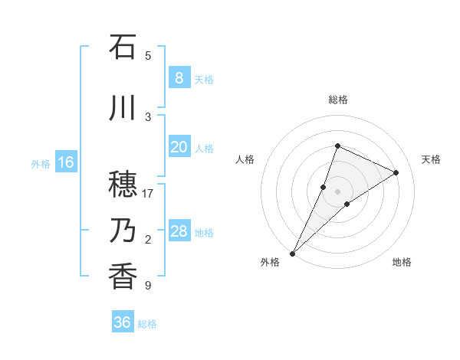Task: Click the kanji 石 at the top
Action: [123, 47]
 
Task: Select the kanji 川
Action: [123, 107]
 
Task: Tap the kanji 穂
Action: [123, 184]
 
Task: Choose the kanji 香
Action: [123, 276]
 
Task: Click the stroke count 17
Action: [149, 194]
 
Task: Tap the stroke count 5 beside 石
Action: [148, 56]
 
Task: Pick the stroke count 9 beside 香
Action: [148, 286]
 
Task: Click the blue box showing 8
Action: [179, 77]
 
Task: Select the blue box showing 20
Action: [179, 147]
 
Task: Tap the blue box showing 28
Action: [179, 231]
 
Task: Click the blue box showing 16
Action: [65, 162]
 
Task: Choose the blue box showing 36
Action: [122, 322]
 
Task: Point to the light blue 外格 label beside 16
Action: [41, 163]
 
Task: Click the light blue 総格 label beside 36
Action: [147, 324]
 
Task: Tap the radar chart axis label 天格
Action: [432, 159]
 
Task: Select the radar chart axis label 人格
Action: [245, 159]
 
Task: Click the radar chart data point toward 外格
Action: [292, 253]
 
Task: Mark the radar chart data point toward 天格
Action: [396, 172]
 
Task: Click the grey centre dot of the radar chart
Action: [337, 191]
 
